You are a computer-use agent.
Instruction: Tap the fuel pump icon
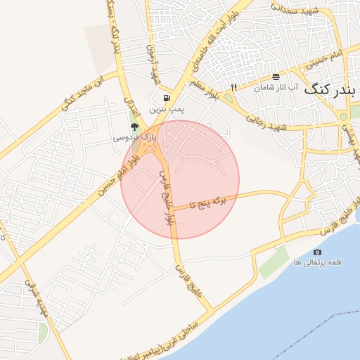165,98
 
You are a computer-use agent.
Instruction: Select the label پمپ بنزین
165,110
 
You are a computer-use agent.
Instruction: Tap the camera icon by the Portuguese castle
317,252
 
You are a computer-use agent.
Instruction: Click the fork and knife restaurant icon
233,87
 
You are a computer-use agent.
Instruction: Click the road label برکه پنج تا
211,203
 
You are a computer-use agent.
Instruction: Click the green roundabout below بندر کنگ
342,117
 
